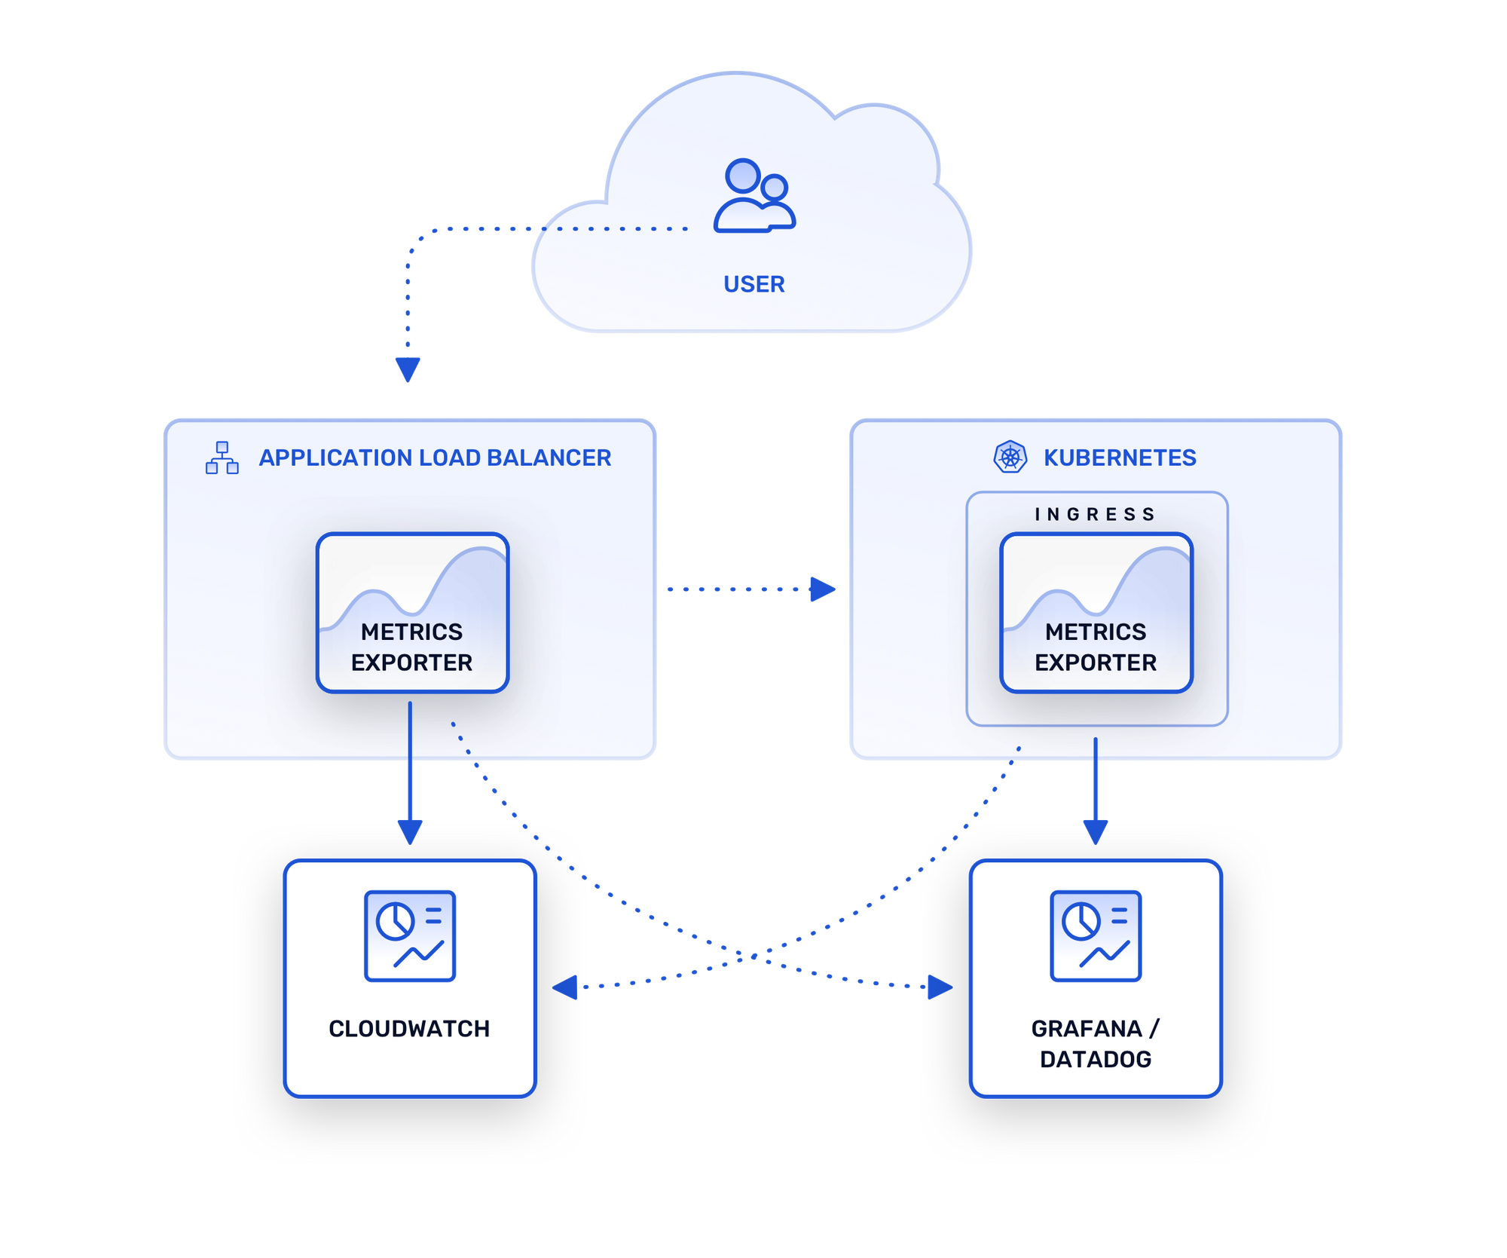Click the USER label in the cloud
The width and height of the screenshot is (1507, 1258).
753,284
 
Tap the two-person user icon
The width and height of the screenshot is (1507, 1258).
754,195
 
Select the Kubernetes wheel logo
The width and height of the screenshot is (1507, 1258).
1010,457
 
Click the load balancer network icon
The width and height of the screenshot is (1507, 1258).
222,458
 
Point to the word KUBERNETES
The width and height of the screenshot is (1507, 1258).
1120,458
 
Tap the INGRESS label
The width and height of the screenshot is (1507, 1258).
1095,514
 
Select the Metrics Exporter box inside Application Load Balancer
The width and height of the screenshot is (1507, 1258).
412,612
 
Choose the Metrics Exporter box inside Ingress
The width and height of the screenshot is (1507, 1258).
1096,612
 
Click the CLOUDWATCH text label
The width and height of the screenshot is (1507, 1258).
409,1028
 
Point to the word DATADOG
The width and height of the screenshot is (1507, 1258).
1096,1059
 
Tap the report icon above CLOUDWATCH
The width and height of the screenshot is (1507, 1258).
410,935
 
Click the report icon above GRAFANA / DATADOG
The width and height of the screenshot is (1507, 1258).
1096,935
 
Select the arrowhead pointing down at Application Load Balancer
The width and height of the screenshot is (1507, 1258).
408,369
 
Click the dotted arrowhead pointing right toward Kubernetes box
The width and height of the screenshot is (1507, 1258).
822,589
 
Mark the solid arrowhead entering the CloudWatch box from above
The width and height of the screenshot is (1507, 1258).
410,831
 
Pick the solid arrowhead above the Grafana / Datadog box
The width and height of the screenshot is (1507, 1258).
1095,831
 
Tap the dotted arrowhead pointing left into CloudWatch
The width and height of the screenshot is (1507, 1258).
565,987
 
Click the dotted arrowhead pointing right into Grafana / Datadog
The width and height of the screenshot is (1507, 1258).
940,987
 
